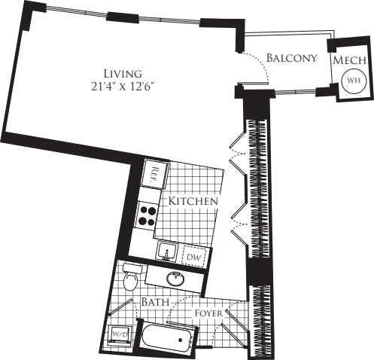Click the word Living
pos(124,73)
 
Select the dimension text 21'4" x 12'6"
pos(124,85)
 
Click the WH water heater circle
pos(352,78)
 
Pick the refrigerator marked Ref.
pos(154,176)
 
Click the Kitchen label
pos(193,202)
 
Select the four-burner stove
pos(147,216)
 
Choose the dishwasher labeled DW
pos(193,257)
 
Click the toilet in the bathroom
pos(132,278)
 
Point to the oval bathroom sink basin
pos(176,278)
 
